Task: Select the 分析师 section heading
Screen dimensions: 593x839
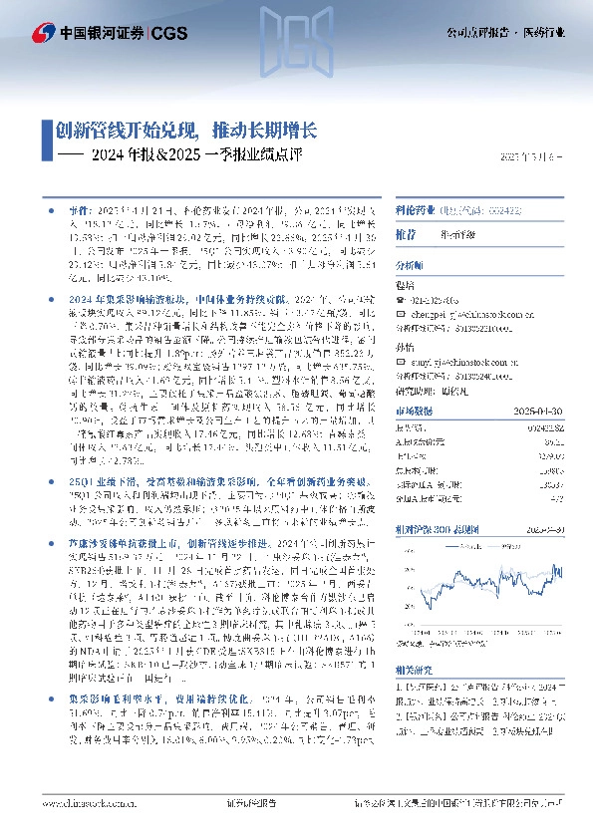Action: click(411, 266)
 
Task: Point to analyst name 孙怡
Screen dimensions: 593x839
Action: click(406, 347)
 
